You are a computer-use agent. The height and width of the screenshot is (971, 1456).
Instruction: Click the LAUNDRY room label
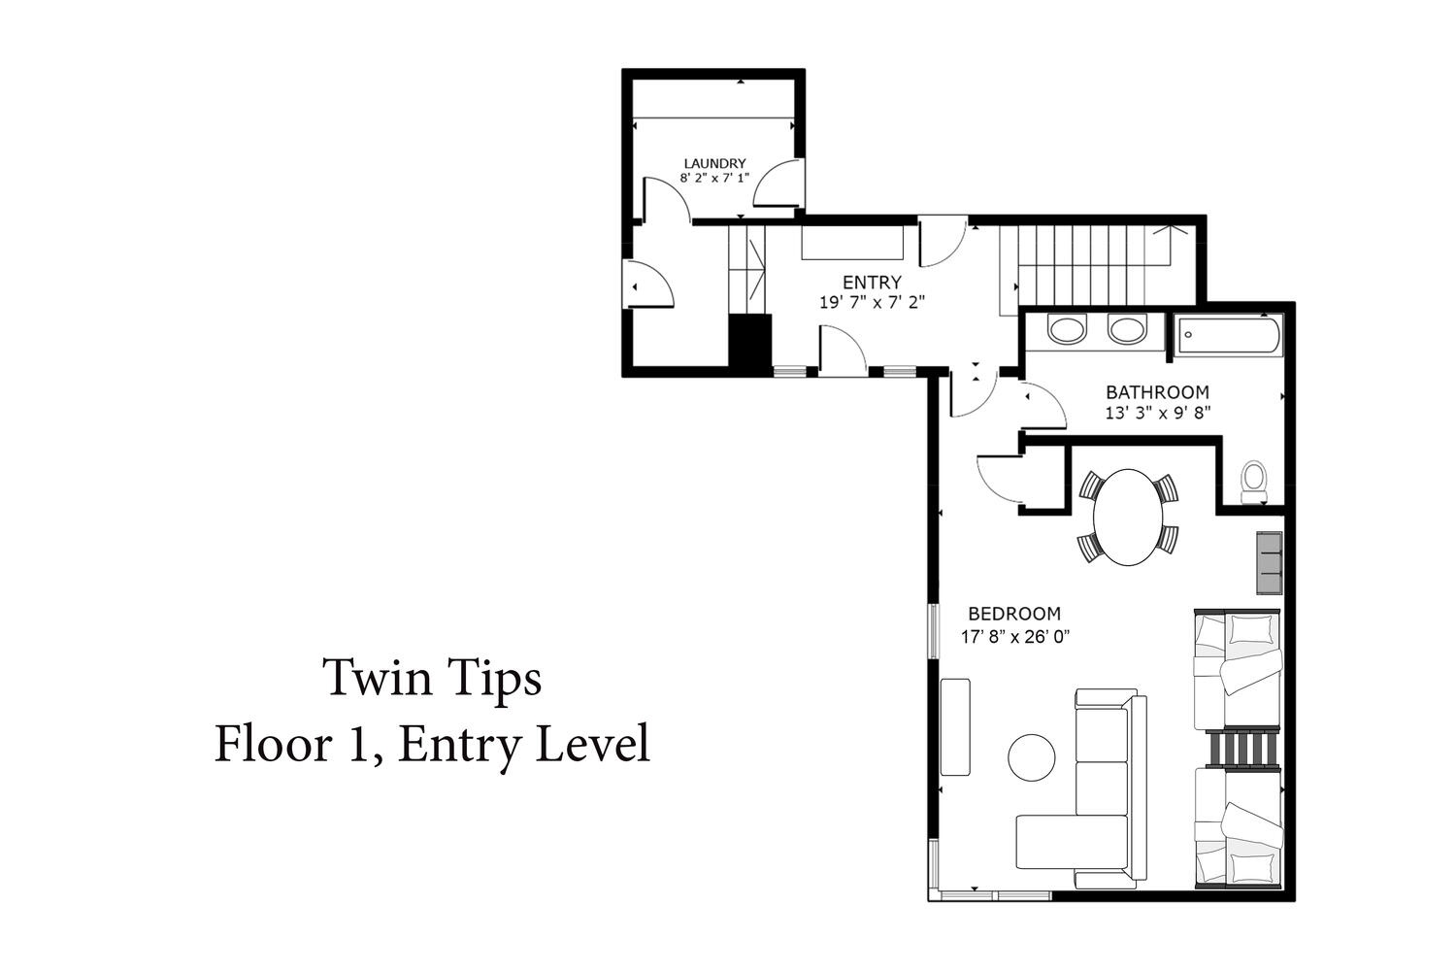click(x=714, y=163)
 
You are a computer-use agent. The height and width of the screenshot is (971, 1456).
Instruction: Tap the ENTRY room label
click(x=872, y=283)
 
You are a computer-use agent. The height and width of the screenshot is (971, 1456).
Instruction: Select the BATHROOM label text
click(x=1158, y=392)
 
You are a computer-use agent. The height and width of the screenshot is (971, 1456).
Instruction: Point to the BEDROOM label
click(x=1014, y=614)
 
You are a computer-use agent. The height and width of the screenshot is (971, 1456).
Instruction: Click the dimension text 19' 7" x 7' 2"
click(x=872, y=302)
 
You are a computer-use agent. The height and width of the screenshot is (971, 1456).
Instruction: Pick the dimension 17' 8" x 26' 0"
click(x=1015, y=636)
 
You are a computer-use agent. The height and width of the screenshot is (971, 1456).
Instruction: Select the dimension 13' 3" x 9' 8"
click(x=1158, y=413)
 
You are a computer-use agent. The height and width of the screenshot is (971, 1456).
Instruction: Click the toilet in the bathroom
click(x=1254, y=482)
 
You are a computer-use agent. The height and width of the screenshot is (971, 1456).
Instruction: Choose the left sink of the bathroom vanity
click(x=1067, y=329)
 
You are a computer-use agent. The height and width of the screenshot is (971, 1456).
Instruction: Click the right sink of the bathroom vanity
click(x=1126, y=329)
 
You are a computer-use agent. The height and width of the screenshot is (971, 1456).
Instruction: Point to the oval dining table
click(x=1128, y=517)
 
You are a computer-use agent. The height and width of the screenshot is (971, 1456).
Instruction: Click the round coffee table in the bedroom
click(x=1032, y=757)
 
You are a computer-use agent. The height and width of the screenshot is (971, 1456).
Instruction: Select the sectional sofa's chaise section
click(x=1072, y=842)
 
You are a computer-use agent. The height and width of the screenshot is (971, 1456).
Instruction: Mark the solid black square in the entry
click(x=749, y=341)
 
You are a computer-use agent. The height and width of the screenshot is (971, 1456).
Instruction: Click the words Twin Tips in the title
click(x=432, y=679)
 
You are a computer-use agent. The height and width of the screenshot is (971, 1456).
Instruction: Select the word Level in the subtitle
click(x=593, y=744)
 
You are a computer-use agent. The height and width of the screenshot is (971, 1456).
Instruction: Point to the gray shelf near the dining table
click(x=1270, y=562)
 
